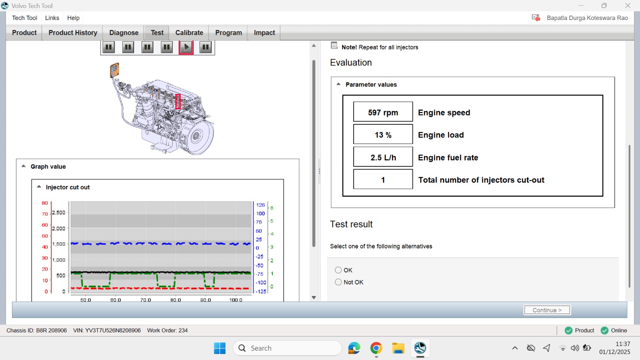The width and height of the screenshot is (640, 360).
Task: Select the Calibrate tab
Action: (x=189, y=32)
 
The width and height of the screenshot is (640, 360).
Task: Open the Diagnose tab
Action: (x=124, y=32)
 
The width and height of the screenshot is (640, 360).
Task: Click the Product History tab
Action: (x=73, y=32)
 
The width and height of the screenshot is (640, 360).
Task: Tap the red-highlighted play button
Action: (x=186, y=47)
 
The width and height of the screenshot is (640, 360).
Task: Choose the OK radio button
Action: (x=338, y=270)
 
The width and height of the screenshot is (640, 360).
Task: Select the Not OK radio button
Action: (x=338, y=282)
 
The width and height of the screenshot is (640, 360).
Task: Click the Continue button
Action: (x=547, y=310)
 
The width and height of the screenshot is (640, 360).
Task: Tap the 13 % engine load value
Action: (x=383, y=134)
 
